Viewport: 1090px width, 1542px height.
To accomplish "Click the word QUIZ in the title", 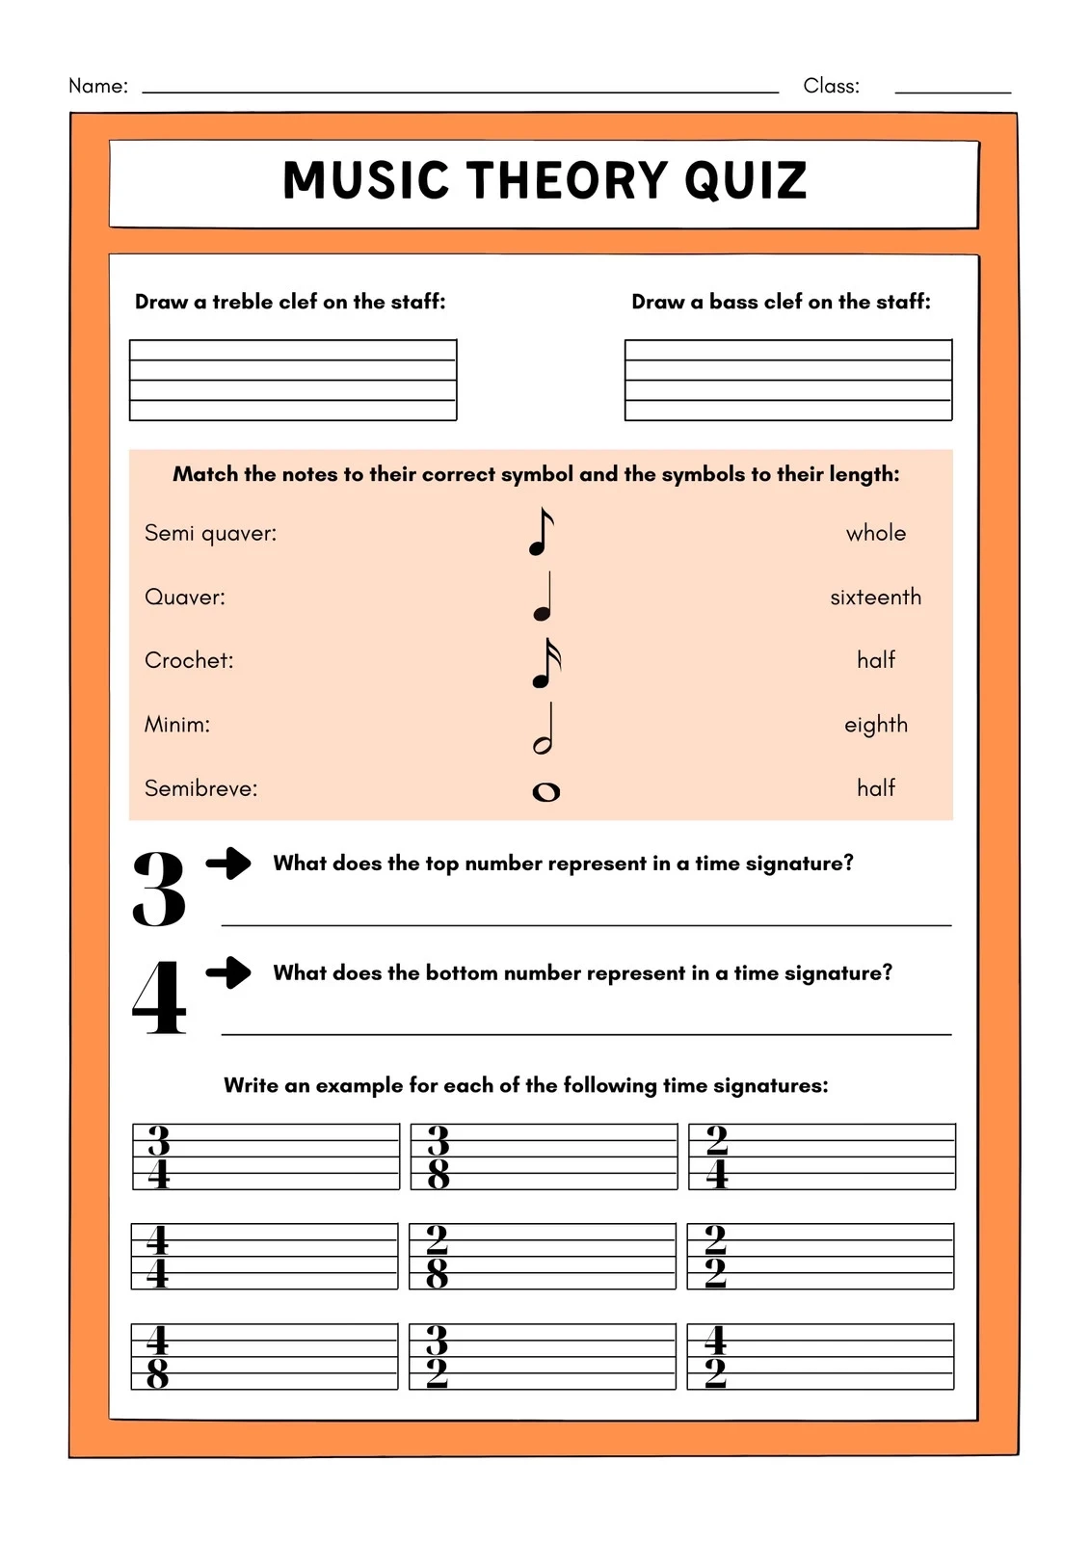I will [x=745, y=180].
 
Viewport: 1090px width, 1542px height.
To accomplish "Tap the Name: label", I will [x=98, y=86].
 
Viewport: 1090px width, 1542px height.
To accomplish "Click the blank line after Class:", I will [x=952, y=92].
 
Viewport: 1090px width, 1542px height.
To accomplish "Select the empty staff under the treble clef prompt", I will [x=293, y=380].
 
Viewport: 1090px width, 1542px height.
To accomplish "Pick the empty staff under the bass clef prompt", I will [x=788, y=380].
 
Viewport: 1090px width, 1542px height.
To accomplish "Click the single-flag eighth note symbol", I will [x=542, y=533].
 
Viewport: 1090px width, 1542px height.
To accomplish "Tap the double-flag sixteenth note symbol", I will [x=545, y=664].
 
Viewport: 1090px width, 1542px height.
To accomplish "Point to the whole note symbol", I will [x=545, y=792].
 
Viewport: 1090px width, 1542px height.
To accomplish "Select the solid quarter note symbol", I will [x=544, y=598].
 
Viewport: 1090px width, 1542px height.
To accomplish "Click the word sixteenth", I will [x=875, y=598].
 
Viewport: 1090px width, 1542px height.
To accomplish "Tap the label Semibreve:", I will [x=201, y=788].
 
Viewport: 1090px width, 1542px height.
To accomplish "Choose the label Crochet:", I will [x=189, y=660].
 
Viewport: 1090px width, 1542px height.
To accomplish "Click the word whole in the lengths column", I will [x=875, y=533].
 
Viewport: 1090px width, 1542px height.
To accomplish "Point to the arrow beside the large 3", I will [x=228, y=863].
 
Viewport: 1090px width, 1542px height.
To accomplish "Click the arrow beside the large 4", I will [x=228, y=972].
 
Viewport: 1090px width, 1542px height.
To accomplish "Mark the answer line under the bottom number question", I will [x=586, y=1033].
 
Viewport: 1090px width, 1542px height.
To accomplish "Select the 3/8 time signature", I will [x=439, y=1156].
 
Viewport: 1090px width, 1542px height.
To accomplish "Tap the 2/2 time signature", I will [x=715, y=1257].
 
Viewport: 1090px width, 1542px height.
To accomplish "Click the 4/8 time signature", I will [x=157, y=1357].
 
